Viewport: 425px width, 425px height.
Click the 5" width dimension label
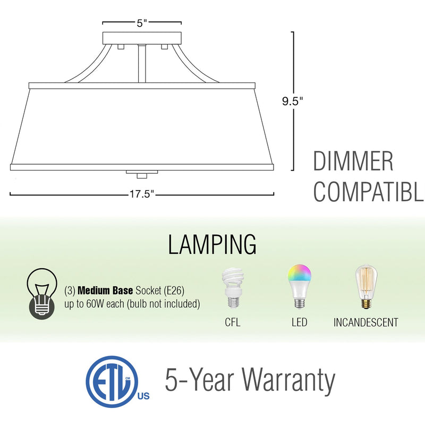(142, 23)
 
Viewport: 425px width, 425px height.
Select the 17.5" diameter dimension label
(142, 194)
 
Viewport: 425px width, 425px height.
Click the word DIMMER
(353, 161)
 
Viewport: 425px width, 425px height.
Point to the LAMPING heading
(212, 244)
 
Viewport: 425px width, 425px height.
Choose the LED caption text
(299, 322)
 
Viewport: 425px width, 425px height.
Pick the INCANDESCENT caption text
(365, 322)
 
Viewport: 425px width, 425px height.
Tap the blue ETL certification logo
(113, 381)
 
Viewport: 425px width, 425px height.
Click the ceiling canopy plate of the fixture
(142, 39)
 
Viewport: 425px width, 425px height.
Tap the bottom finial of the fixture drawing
(142, 174)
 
